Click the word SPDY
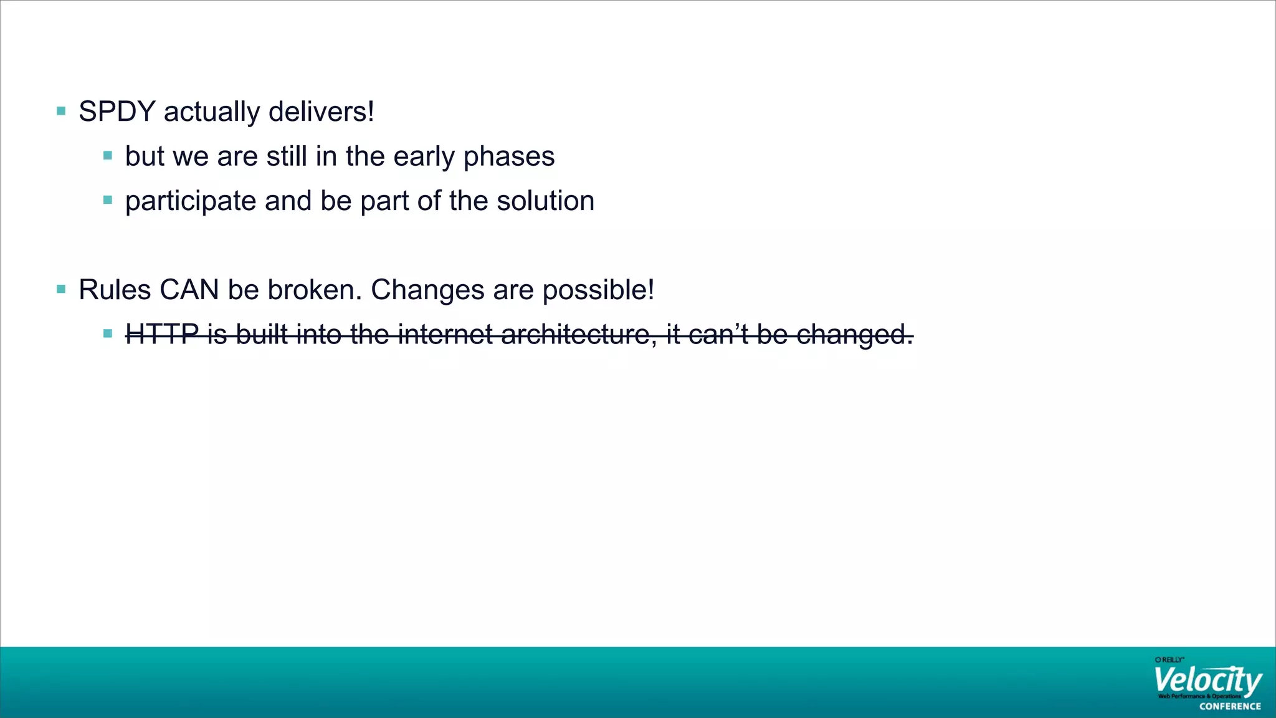tap(117, 112)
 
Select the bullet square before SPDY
tap(61, 112)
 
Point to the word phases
tap(509, 157)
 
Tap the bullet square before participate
tap(108, 200)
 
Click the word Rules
tap(115, 290)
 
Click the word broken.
tap(314, 290)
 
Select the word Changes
tap(427, 290)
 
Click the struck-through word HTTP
tap(162, 334)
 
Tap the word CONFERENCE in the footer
tap(1230, 706)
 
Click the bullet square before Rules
tap(61, 289)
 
